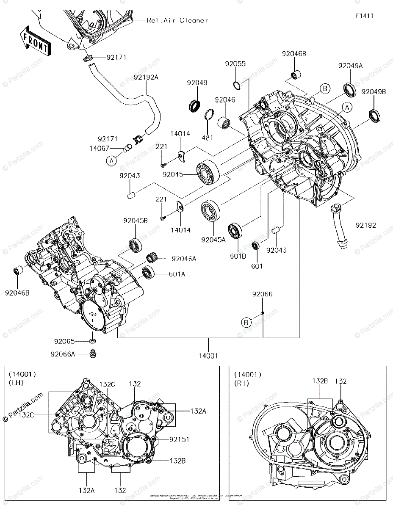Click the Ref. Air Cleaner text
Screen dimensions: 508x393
click(x=177, y=20)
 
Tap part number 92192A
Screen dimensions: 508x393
click(x=146, y=78)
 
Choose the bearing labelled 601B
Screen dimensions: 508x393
click(x=235, y=231)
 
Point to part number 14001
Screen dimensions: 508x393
click(x=208, y=356)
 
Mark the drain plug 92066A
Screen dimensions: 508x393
click(x=92, y=353)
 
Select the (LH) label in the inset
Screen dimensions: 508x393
click(x=17, y=383)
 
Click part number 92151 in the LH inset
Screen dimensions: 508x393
click(x=180, y=439)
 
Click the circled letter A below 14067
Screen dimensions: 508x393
click(x=111, y=160)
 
